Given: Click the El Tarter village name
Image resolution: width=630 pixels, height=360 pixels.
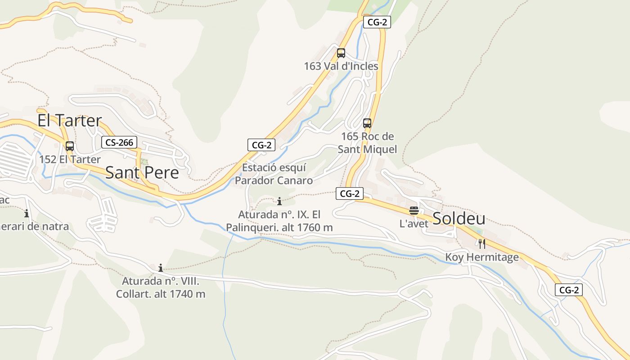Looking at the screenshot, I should (x=69, y=121).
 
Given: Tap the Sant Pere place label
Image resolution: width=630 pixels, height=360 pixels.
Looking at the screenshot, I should (x=142, y=173).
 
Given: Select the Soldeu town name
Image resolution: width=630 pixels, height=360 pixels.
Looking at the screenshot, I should (x=459, y=219).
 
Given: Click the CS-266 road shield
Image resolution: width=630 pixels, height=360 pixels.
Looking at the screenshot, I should (x=119, y=143).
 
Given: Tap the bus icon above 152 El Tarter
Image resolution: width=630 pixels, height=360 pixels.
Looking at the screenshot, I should (x=70, y=146).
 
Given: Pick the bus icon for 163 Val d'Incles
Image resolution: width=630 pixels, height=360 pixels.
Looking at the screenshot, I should (x=341, y=53).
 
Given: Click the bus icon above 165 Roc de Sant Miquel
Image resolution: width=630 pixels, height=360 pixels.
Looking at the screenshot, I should (x=367, y=123).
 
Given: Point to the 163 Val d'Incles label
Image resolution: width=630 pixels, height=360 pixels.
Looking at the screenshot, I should (x=341, y=66).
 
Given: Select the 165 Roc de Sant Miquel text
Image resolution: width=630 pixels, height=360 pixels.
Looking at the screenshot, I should (x=367, y=143).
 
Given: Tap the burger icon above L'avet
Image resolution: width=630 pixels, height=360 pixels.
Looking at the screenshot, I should (x=414, y=211).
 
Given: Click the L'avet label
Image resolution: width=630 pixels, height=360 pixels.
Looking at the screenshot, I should (x=414, y=224).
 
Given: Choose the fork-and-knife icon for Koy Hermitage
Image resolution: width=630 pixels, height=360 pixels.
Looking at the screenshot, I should (x=482, y=244).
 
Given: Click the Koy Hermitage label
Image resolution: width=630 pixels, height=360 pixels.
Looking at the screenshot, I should (x=482, y=257).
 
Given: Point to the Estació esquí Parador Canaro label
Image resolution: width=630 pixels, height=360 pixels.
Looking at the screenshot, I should (x=274, y=174).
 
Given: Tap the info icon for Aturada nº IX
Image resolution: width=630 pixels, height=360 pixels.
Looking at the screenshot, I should (x=279, y=201).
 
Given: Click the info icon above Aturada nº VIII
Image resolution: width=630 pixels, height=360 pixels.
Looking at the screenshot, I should (x=161, y=268).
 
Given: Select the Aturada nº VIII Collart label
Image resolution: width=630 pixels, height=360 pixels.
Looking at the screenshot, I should (x=161, y=288).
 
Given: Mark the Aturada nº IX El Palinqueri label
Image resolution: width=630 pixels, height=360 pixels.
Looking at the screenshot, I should (x=279, y=221).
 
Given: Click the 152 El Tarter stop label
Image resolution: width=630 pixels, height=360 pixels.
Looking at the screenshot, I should (x=70, y=159).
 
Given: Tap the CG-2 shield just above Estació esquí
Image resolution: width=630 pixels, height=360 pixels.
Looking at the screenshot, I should (x=261, y=145).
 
